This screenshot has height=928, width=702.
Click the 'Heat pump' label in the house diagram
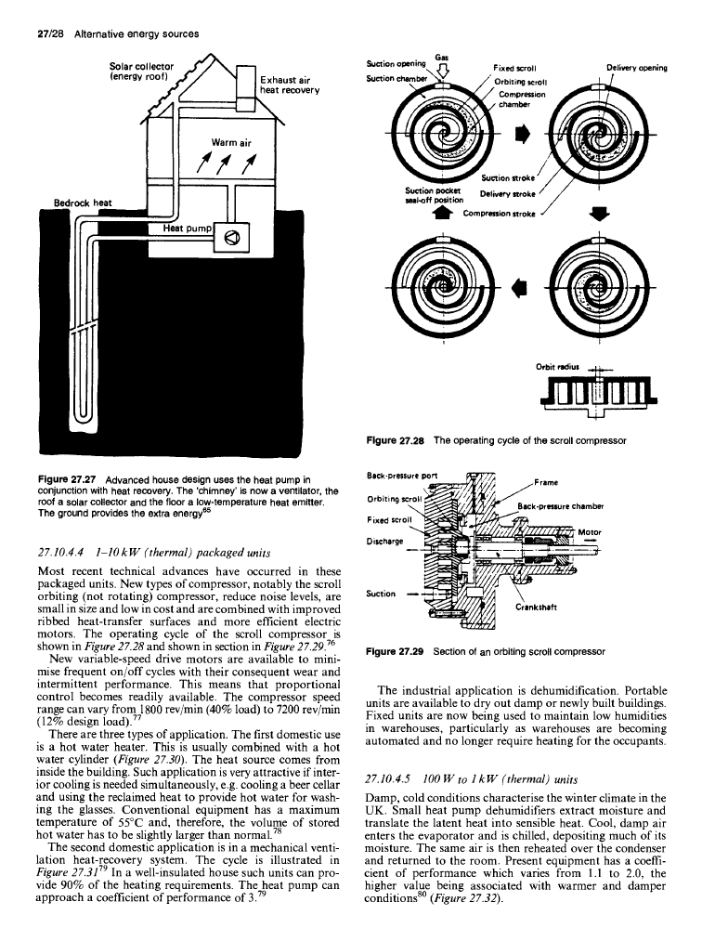(x=187, y=229)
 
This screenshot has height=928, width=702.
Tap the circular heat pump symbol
(x=231, y=238)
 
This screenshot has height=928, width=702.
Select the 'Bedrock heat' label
(x=83, y=203)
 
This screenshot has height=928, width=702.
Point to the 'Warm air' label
(x=231, y=142)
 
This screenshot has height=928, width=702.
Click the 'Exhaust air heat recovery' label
(x=290, y=85)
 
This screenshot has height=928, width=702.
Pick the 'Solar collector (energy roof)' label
(x=142, y=71)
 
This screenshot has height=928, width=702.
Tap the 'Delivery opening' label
(x=637, y=68)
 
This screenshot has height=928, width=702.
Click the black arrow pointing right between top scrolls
(x=521, y=135)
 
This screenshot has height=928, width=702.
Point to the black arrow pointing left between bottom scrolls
(x=519, y=287)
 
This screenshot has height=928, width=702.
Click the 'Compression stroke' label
(x=500, y=213)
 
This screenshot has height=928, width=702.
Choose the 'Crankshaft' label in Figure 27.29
(x=536, y=607)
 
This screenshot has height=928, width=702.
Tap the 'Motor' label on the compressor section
(x=590, y=532)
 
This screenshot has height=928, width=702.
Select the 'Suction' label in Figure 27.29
(x=381, y=594)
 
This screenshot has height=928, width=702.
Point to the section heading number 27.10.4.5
(x=388, y=779)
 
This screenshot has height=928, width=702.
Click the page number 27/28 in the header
(x=46, y=33)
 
